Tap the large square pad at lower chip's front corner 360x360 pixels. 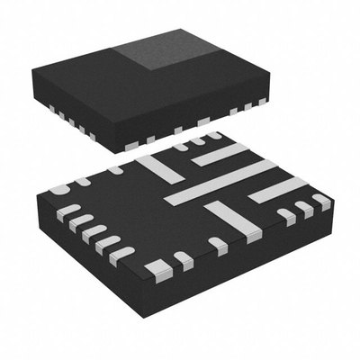[158, 268]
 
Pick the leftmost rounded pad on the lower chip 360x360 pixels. [59, 190]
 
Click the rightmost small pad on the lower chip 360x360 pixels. [321, 201]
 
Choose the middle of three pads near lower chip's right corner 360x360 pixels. [303, 209]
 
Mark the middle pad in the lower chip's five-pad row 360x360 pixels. [93, 231]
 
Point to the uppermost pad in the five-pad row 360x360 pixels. [68, 211]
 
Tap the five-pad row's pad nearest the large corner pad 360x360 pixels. [121, 255]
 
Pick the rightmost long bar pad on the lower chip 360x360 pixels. [277, 189]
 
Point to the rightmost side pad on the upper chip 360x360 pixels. [262, 102]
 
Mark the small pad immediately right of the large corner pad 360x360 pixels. [184, 260]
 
